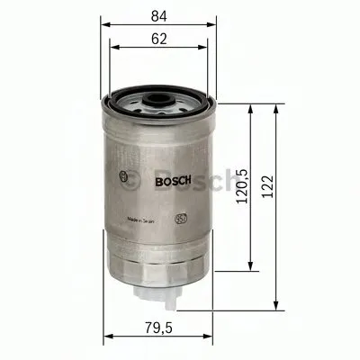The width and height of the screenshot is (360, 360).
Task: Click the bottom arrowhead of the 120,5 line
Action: click(248, 273)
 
